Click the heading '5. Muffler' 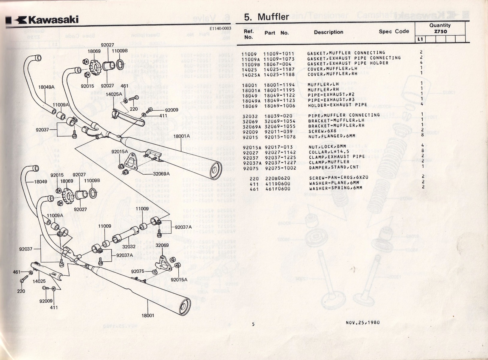click(x=266, y=17)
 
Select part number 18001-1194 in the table click(x=279, y=85)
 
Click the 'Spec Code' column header click(x=394, y=31)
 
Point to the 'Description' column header click(x=329, y=32)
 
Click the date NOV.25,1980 click(x=362, y=322)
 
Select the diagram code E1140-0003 click(x=221, y=29)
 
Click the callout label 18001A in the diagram click(x=182, y=136)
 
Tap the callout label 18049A click(x=46, y=87)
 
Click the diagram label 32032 click(x=129, y=247)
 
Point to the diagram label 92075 click(x=138, y=271)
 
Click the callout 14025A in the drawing click(x=114, y=94)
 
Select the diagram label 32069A click(x=161, y=173)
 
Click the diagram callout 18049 click(x=40, y=181)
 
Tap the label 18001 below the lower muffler click(x=148, y=315)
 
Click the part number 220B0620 click(x=278, y=178)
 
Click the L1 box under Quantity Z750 click(x=420, y=39)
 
